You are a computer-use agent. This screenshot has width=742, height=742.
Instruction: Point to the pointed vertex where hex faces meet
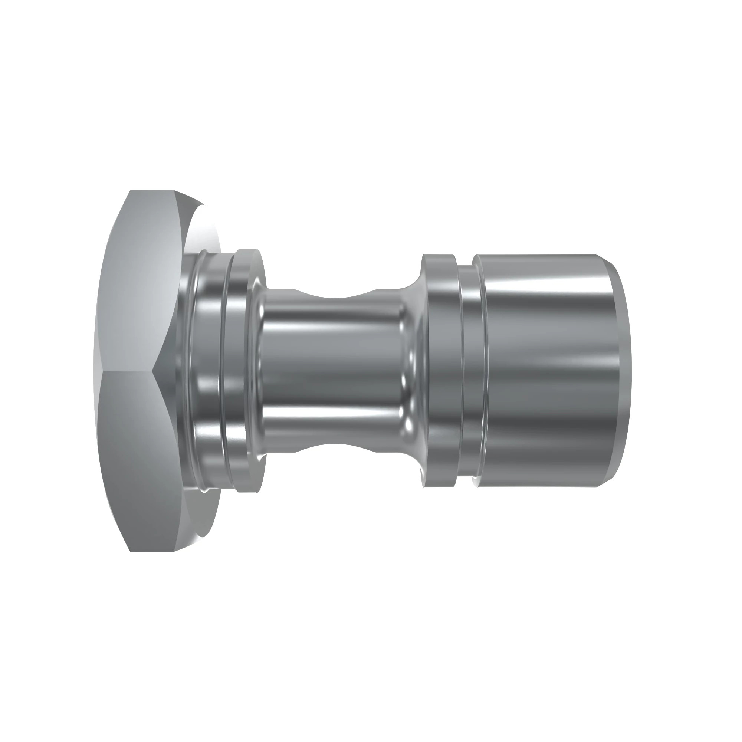pos(152,371)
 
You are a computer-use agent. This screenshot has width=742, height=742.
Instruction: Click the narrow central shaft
pos(334,371)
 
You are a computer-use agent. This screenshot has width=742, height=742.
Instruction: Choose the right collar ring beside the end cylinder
pos(441,371)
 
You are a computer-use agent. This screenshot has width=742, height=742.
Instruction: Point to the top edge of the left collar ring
pos(249,251)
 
